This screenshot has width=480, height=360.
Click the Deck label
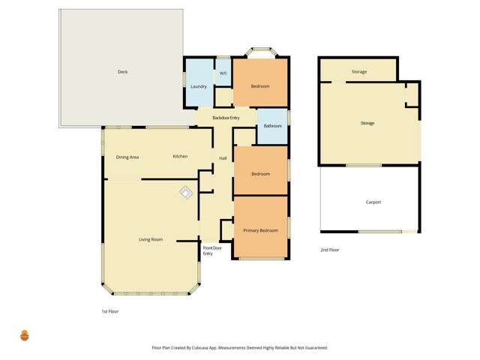(122, 72)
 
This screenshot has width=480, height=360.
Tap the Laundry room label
(199, 87)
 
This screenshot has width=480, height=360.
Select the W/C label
(223, 73)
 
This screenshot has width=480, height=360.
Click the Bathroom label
(273, 126)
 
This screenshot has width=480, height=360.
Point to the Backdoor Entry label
(226, 118)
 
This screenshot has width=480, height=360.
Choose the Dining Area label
(127, 157)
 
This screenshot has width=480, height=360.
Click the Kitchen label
(180, 156)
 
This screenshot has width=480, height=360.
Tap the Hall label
(223, 158)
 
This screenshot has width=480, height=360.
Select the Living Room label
(151, 239)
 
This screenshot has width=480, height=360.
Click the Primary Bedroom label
(260, 230)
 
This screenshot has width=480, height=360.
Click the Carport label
(373, 202)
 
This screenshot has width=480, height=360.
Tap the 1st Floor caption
(110, 311)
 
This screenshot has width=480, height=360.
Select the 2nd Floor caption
(330, 250)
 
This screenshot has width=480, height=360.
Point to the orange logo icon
(25, 335)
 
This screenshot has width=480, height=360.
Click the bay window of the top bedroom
(260, 52)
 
